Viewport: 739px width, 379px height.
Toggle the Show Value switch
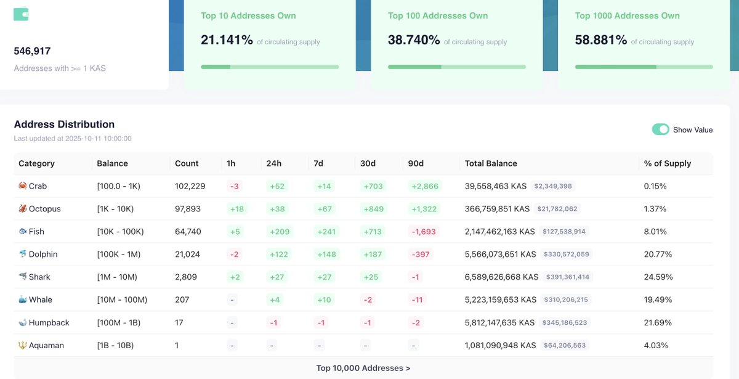[660, 129]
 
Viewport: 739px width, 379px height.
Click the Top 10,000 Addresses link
[363, 368]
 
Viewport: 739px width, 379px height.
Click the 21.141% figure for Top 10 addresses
[227, 40]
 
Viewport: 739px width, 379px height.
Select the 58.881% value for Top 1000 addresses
[601, 40]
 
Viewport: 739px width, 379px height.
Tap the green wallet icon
[21, 14]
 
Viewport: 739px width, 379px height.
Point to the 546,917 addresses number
[32, 51]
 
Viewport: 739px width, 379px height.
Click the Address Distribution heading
[64, 124]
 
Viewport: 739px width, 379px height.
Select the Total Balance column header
[491, 163]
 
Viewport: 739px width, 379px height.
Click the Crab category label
[38, 186]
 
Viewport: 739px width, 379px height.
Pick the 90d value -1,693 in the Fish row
[422, 232]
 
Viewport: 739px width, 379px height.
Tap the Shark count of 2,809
[186, 277]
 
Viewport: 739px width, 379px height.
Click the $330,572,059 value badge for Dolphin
[566, 255]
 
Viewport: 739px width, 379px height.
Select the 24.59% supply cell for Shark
[658, 277]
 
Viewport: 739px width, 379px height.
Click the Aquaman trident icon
[23, 345]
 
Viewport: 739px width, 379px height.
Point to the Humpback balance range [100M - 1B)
[123, 322]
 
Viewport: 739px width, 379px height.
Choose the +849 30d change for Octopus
[373, 209]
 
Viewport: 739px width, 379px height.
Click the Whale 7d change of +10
[324, 300]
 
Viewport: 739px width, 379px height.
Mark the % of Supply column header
[667, 163]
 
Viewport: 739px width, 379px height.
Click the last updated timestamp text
[73, 139]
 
